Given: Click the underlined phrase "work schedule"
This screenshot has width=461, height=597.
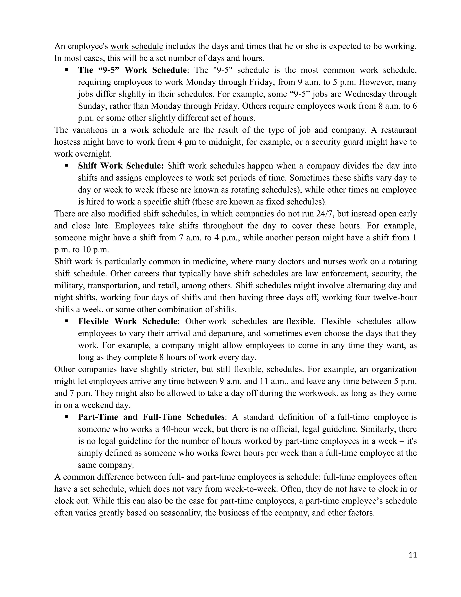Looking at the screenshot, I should tap(137, 46).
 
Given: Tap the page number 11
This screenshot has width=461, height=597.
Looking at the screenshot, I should tap(413, 555).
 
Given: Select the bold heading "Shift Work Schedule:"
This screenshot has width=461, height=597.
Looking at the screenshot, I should tap(121, 166).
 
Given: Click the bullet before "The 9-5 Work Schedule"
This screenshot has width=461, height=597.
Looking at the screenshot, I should tap(66, 70).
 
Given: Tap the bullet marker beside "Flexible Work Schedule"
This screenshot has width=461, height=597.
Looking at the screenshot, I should tap(66, 321).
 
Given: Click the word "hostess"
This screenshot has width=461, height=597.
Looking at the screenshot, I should tap(67, 142).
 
